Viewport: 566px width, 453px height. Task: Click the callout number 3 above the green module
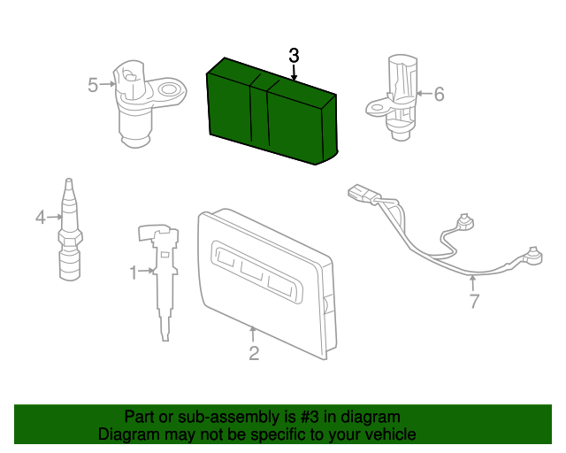[294, 56]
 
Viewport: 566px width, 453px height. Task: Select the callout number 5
[93, 85]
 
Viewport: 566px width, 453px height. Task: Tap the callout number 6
[439, 94]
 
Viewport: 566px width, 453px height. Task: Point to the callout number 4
[41, 218]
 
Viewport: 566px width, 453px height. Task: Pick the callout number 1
[134, 273]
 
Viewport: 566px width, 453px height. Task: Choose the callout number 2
[254, 353]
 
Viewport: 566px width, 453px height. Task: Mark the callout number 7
[474, 301]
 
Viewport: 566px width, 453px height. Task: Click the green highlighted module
[272, 112]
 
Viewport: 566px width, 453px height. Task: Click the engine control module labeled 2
[267, 284]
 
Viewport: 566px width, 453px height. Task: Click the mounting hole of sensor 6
[376, 107]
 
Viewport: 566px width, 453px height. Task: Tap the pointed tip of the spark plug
[69, 180]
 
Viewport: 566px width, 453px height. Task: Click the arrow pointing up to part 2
[253, 334]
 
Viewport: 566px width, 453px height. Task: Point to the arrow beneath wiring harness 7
[472, 283]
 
